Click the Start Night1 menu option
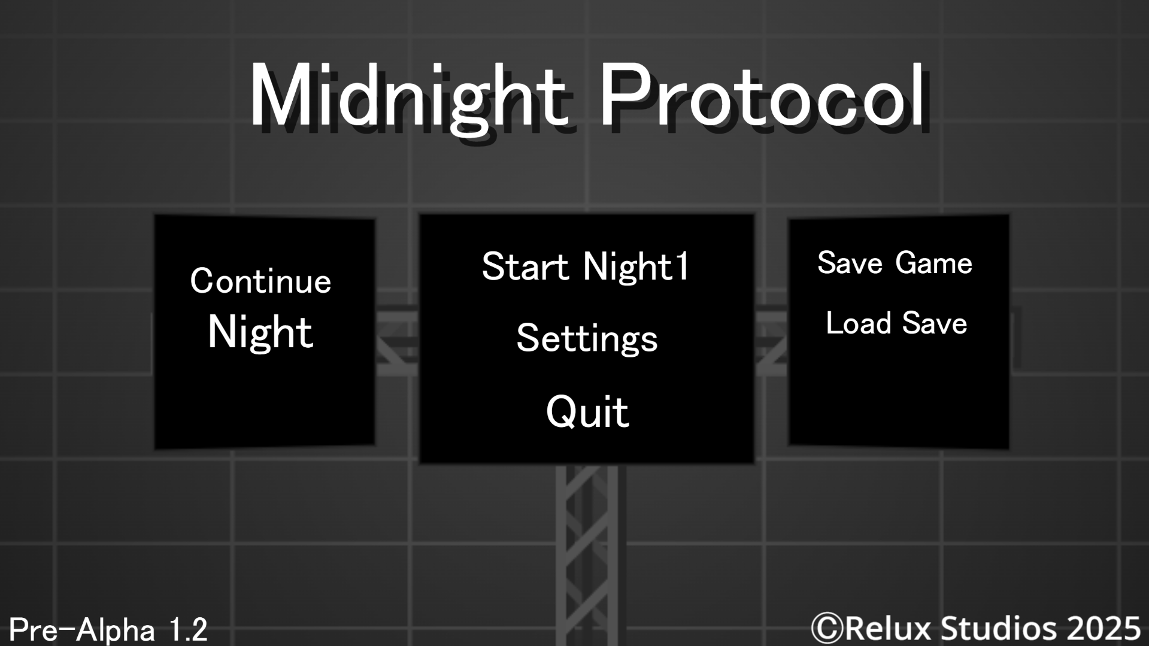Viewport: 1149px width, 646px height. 586,267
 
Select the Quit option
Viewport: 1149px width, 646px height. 587,412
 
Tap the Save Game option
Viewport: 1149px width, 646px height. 895,263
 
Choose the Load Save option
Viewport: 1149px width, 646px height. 896,323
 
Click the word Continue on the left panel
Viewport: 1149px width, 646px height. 260,281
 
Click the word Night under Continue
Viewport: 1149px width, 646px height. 260,332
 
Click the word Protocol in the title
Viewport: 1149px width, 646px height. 763,96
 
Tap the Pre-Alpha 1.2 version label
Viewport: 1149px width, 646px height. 108,630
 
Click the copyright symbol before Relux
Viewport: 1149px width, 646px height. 827,628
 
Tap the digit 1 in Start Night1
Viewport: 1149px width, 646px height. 682,267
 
